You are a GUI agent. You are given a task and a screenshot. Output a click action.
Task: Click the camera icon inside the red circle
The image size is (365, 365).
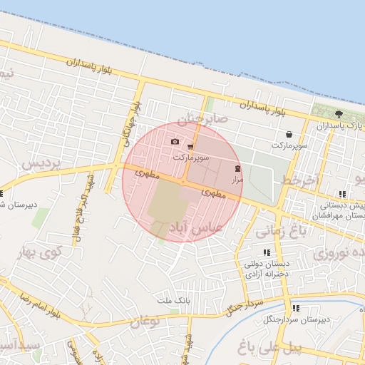click(x=175, y=142)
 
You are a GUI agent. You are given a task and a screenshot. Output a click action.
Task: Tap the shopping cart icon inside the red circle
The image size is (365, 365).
click(x=190, y=146)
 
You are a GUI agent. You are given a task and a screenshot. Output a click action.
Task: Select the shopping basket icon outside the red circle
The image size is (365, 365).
click(x=288, y=135)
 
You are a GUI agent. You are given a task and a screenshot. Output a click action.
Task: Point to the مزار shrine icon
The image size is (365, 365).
click(x=237, y=169)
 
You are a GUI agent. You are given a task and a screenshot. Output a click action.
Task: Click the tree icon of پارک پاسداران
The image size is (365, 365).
click(x=339, y=114)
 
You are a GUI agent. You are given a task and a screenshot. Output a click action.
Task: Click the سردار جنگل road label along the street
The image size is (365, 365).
click(x=245, y=307)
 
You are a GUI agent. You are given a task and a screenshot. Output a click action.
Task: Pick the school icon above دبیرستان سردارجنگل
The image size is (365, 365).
click(x=296, y=308)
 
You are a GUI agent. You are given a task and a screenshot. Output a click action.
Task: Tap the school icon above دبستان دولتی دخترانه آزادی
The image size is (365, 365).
click(x=267, y=252)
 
